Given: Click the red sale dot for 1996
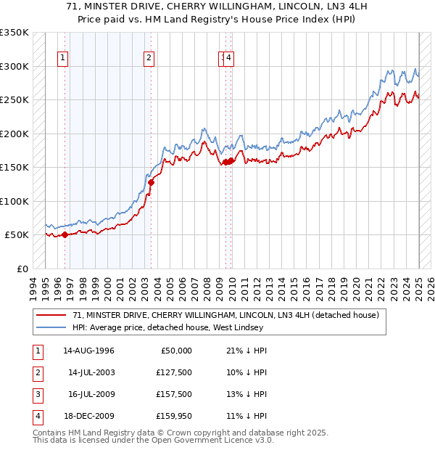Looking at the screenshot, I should (65, 234).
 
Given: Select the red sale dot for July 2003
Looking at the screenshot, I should (151, 183).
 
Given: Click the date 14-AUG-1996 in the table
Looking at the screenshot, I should (88, 351).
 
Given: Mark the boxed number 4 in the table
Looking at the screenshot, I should (36, 416).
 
